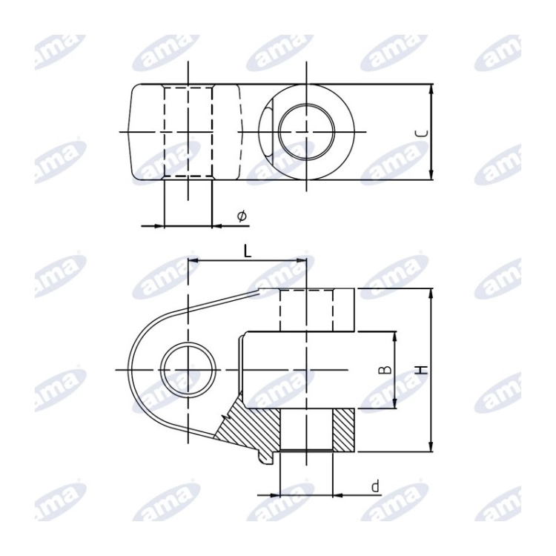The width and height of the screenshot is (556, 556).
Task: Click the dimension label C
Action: click(x=422, y=133)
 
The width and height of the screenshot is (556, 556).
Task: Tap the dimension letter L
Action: click(x=247, y=251)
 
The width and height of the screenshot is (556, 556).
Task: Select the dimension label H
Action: click(x=422, y=370)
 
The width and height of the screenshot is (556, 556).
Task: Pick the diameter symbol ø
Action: click(x=242, y=216)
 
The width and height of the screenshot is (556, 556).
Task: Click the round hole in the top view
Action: click(x=306, y=131)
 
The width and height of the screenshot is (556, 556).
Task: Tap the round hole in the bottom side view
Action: click(x=188, y=370)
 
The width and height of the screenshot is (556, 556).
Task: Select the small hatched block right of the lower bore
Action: click(x=343, y=430)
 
